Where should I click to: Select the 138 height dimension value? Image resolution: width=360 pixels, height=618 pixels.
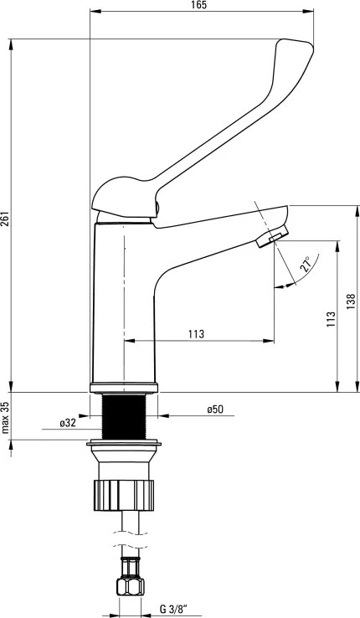(352, 301)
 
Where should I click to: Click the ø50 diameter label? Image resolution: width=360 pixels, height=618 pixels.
(215, 409)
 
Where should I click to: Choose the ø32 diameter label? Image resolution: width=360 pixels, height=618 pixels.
(68, 423)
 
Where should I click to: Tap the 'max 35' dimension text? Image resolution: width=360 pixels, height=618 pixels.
(5, 417)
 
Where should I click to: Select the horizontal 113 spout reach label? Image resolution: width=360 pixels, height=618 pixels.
(196, 334)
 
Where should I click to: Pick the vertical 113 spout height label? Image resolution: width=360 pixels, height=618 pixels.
(332, 320)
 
